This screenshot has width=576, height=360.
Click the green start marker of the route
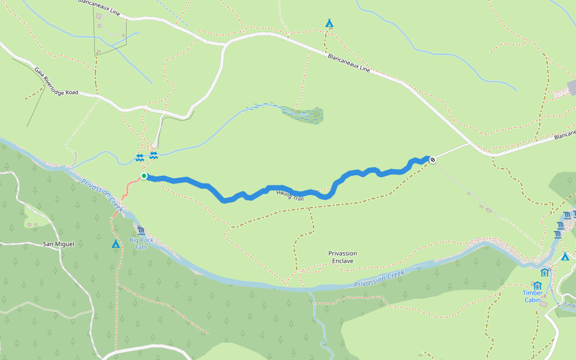(x=144, y=176)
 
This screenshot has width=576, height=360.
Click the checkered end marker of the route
(x=432, y=159)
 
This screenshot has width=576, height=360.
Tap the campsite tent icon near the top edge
(x=329, y=23)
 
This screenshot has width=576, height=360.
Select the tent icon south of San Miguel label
(x=115, y=244)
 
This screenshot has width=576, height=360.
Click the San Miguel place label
(x=59, y=244)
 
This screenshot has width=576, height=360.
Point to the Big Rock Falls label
(x=142, y=244)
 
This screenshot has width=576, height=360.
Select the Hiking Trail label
(x=290, y=194)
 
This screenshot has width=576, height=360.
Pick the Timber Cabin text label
(x=533, y=296)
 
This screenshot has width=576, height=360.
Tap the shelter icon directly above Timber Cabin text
(x=537, y=286)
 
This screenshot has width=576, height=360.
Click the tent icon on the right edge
(x=565, y=257)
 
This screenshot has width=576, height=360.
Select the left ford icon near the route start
(x=139, y=157)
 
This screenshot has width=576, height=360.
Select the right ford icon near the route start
(x=153, y=155)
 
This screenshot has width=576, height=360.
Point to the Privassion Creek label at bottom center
(x=379, y=280)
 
